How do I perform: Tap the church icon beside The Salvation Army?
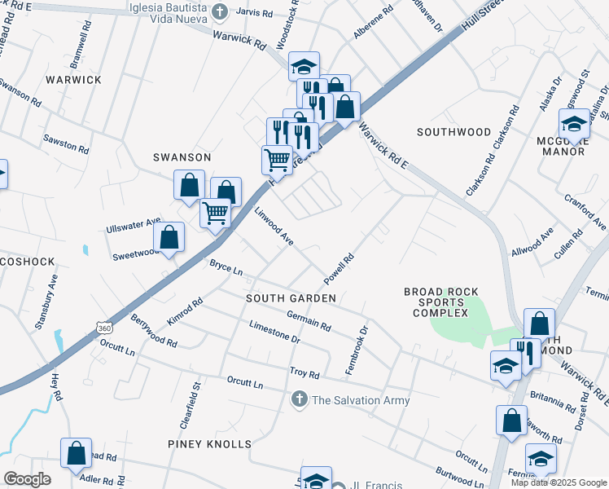click(x=299, y=400)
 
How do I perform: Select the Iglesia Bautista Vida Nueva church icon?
click(x=219, y=11)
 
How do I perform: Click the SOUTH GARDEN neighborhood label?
click(x=291, y=299)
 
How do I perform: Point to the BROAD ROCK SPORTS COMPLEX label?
click(x=441, y=302)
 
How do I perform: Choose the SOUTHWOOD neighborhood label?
click(x=453, y=131)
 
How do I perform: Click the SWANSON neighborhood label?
click(x=182, y=156)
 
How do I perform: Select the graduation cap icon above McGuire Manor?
click(x=574, y=124)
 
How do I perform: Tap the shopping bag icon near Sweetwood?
click(x=169, y=237)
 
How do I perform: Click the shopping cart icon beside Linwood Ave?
click(x=216, y=213)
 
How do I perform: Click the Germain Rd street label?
click(x=309, y=321)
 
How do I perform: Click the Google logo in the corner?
click(x=27, y=479)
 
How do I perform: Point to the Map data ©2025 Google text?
click(x=558, y=482)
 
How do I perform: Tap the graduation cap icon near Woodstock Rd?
click(x=304, y=66)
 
